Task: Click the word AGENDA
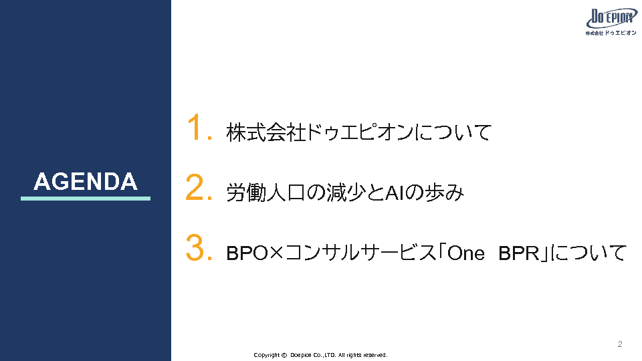[x=86, y=181]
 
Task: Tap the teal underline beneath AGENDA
[x=86, y=199]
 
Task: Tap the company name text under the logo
[x=611, y=33]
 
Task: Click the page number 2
[x=620, y=344]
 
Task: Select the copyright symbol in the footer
[x=284, y=355]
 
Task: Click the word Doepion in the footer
[x=301, y=355]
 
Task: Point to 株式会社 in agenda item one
[x=266, y=132]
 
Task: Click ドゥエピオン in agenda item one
[x=360, y=132]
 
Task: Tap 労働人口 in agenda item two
[x=266, y=193]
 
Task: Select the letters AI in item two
[x=393, y=193]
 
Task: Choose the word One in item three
[x=466, y=253]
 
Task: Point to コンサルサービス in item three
[x=360, y=253]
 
